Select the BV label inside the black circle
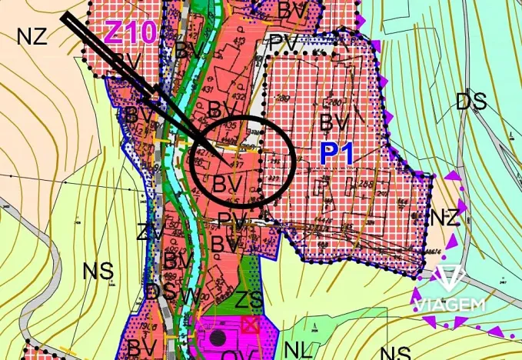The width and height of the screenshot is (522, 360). [x=227, y=183]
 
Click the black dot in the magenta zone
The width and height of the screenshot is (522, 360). [x=218, y=337]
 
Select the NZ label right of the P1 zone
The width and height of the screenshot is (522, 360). [x=444, y=217]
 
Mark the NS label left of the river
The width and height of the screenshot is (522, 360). [x=98, y=271]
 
